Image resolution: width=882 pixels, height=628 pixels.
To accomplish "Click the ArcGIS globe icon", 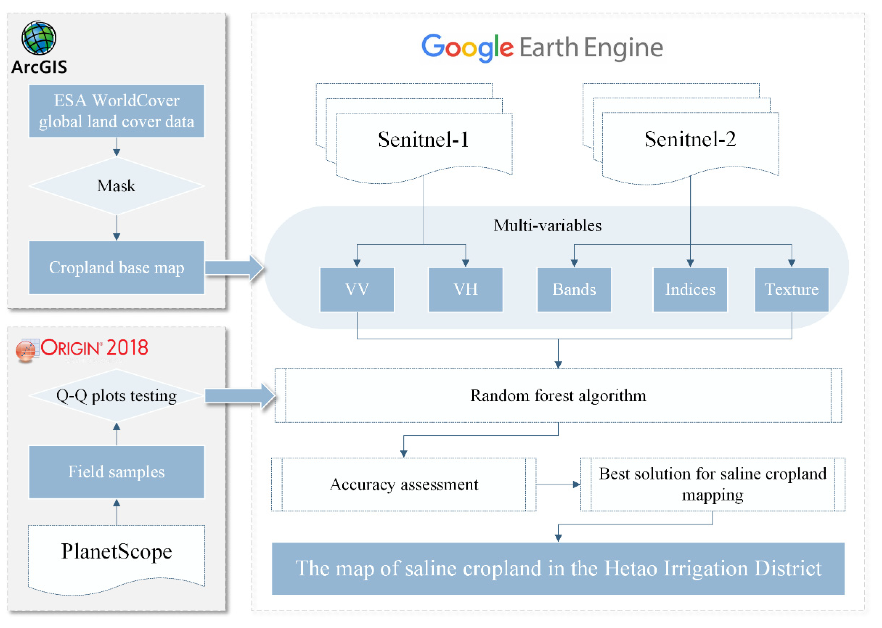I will point(39,38).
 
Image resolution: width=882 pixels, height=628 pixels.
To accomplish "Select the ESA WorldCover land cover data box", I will point(116,111).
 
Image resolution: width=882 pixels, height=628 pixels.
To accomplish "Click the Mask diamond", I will point(116,186).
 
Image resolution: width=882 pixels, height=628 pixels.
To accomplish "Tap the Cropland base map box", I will point(116,267).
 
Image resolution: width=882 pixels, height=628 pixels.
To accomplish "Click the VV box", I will point(357,289).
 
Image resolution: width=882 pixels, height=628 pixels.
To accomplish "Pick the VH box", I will point(465,289).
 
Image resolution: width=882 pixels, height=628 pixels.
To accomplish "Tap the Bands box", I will point(574,289).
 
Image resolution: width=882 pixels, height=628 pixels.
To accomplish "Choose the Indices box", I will point(690,289).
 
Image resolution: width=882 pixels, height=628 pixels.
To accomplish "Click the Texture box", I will point(791,289).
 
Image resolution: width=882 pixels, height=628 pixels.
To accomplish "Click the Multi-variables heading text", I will point(547,225).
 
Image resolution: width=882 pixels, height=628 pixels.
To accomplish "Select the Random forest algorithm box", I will point(558,395).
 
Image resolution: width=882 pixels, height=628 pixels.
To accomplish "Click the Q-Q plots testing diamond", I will point(116,395).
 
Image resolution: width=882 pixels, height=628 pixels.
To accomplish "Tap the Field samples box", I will point(116,472).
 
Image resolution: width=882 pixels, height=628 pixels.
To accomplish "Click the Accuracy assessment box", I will point(404,484).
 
